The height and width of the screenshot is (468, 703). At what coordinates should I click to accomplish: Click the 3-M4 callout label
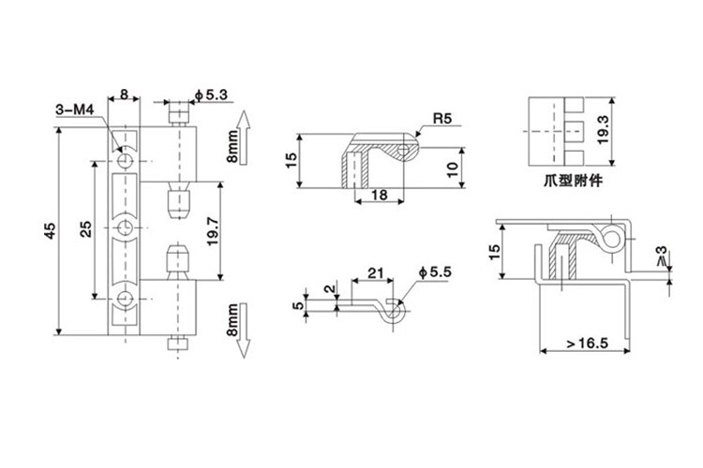[x=75, y=110]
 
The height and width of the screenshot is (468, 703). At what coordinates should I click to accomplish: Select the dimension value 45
[x=51, y=230]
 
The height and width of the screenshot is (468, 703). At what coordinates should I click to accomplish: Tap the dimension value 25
[x=86, y=228]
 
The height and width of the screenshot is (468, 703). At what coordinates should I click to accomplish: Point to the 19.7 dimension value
[x=213, y=231]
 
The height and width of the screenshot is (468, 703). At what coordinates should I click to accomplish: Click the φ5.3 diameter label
[x=211, y=95]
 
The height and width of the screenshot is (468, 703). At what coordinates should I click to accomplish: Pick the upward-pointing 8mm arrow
[x=243, y=138]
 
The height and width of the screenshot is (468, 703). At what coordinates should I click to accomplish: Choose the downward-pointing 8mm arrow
[x=243, y=330]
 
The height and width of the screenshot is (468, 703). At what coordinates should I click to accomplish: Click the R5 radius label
[x=442, y=119]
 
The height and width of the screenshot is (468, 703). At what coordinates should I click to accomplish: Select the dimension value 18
[x=379, y=195]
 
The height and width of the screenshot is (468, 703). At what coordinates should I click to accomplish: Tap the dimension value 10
[x=453, y=168]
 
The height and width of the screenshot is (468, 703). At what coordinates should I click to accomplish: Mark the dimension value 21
[x=376, y=272]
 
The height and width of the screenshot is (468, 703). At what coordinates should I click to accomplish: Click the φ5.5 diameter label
[x=435, y=272]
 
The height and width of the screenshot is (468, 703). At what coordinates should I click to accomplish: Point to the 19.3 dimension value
[x=603, y=130]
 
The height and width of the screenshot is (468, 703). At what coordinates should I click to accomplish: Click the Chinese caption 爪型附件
[x=574, y=181]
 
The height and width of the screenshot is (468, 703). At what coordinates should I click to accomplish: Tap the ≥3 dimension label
[x=662, y=256]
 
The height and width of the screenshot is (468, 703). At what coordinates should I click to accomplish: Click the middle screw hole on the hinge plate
[x=125, y=228]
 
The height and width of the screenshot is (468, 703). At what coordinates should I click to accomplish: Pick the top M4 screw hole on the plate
[x=125, y=161]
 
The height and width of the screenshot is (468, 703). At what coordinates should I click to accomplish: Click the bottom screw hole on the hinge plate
[x=125, y=298]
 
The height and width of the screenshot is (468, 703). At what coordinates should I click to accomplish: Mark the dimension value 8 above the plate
[x=124, y=95]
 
